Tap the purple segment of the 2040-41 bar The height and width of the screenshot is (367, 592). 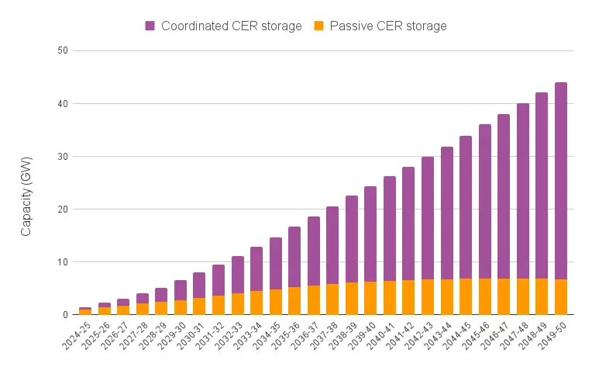(x=390, y=228)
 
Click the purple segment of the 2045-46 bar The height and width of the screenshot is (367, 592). (x=484, y=201)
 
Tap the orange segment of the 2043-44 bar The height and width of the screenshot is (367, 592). (x=446, y=297)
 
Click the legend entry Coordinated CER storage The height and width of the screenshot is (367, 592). (x=231, y=26)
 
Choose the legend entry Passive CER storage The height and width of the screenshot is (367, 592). (x=388, y=26)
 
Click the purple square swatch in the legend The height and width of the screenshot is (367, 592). (x=150, y=26)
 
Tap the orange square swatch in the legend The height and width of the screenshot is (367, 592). (x=319, y=26)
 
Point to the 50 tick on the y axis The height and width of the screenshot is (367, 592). (x=63, y=50)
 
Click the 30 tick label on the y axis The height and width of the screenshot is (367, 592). (x=63, y=156)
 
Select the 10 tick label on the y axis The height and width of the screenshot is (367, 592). (x=63, y=261)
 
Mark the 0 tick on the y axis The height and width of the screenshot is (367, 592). (x=65, y=314)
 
